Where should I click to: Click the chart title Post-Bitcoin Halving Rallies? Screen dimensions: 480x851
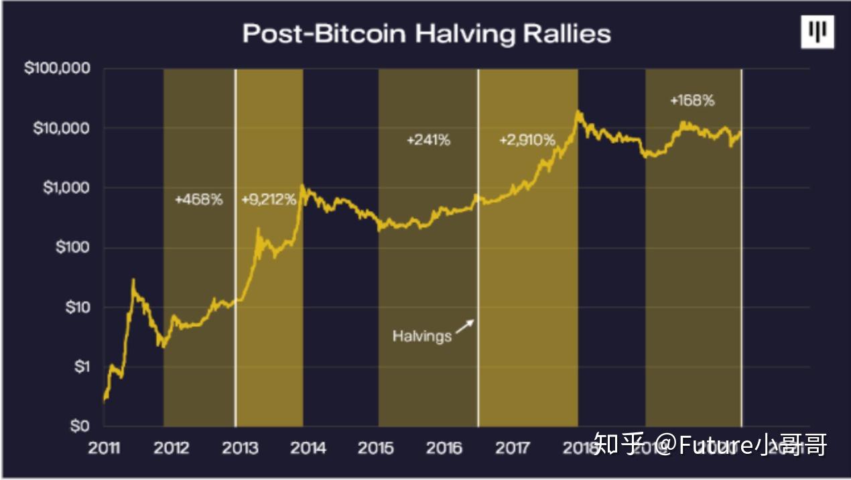click(x=426, y=34)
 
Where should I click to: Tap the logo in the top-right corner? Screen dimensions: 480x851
click(x=817, y=32)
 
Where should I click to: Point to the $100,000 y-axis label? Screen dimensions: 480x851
click(x=57, y=69)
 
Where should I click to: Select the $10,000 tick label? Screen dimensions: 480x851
click(x=61, y=128)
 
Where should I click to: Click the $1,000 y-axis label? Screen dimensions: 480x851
click(x=66, y=188)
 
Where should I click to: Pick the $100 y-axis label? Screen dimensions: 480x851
click(x=70, y=247)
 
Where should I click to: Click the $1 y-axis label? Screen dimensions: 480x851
click(x=80, y=367)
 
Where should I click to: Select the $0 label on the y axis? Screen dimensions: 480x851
click(x=80, y=426)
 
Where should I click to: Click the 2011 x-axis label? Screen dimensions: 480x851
click(x=104, y=448)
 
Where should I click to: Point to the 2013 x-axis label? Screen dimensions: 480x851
click(x=240, y=448)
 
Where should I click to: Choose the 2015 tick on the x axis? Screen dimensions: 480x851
click(x=376, y=448)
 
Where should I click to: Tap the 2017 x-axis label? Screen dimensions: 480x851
click(x=513, y=448)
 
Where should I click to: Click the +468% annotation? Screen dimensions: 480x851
click(x=198, y=199)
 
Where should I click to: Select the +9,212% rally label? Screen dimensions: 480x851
click(x=268, y=199)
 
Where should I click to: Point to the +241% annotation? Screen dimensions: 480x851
click(x=428, y=140)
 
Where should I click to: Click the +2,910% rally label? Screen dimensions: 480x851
click(x=527, y=140)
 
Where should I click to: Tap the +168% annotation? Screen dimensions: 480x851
click(x=692, y=101)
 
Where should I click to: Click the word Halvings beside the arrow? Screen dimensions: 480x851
click(x=422, y=335)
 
